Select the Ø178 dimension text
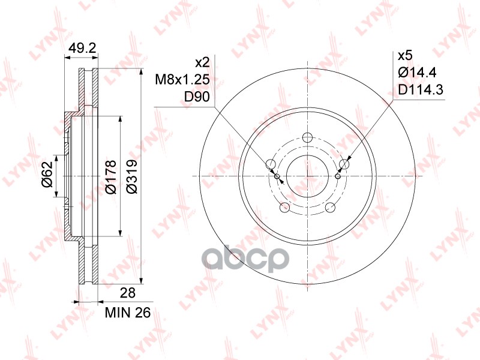pos(110,176)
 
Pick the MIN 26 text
pos(127,313)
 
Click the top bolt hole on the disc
pos(308,138)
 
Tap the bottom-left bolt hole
pos(285,208)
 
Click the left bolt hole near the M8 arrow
pos(271,165)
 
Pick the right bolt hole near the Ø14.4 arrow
pos(344,164)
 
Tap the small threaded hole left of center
pos(277,176)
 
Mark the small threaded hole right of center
pos(338,176)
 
